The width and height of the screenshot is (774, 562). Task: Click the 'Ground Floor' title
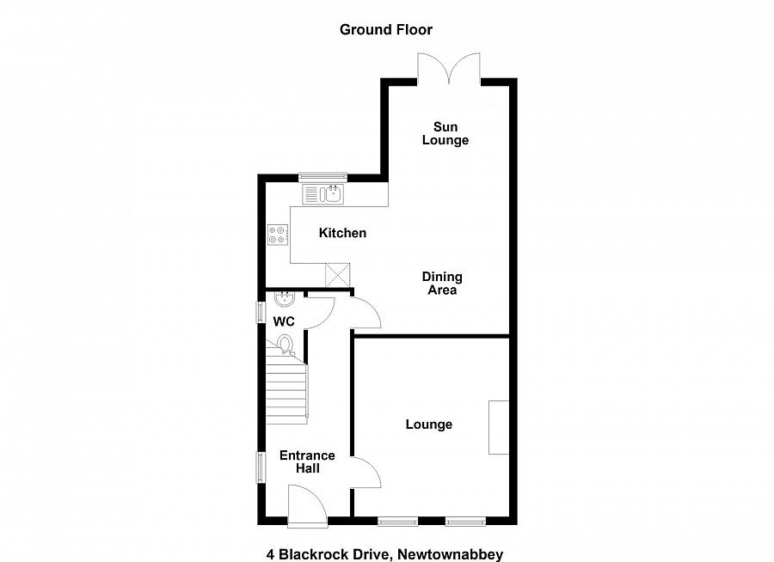point(385,30)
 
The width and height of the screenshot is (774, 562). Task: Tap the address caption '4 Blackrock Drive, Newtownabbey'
point(386,531)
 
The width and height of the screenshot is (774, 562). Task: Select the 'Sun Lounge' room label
point(445,133)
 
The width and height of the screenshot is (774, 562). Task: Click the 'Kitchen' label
point(342,233)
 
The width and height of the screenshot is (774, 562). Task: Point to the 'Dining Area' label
point(442,284)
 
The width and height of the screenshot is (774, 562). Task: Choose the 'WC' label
point(284,321)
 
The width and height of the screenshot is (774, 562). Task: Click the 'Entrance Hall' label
point(307,461)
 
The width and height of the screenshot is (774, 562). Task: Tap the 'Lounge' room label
point(429,425)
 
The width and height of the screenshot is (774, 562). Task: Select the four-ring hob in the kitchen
point(278,234)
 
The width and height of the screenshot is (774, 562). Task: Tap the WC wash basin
point(285,300)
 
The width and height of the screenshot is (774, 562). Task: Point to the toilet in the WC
point(286,345)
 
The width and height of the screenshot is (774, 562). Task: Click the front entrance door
point(307,504)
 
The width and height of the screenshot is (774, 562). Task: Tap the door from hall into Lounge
point(365,473)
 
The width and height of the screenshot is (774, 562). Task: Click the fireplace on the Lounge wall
point(499,427)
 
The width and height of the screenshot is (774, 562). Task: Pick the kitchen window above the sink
point(322,178)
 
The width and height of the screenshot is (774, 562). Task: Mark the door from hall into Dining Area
point(365,313)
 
